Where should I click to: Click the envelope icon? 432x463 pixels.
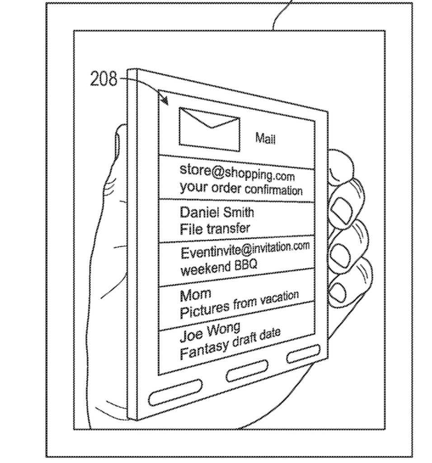coord(209,129)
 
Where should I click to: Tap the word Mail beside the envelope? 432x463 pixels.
coord(265,138)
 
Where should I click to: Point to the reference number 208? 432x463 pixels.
coord(103,80)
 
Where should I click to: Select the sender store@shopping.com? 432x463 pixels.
coord(237,172)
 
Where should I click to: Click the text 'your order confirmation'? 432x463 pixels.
coord(240,188)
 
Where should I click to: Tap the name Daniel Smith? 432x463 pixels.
coord(217,212)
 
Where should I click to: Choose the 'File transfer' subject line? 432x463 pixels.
coord(215,228)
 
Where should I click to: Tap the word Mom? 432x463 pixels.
coord(195,295)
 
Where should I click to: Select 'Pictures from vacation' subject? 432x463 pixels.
coord(239,304)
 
